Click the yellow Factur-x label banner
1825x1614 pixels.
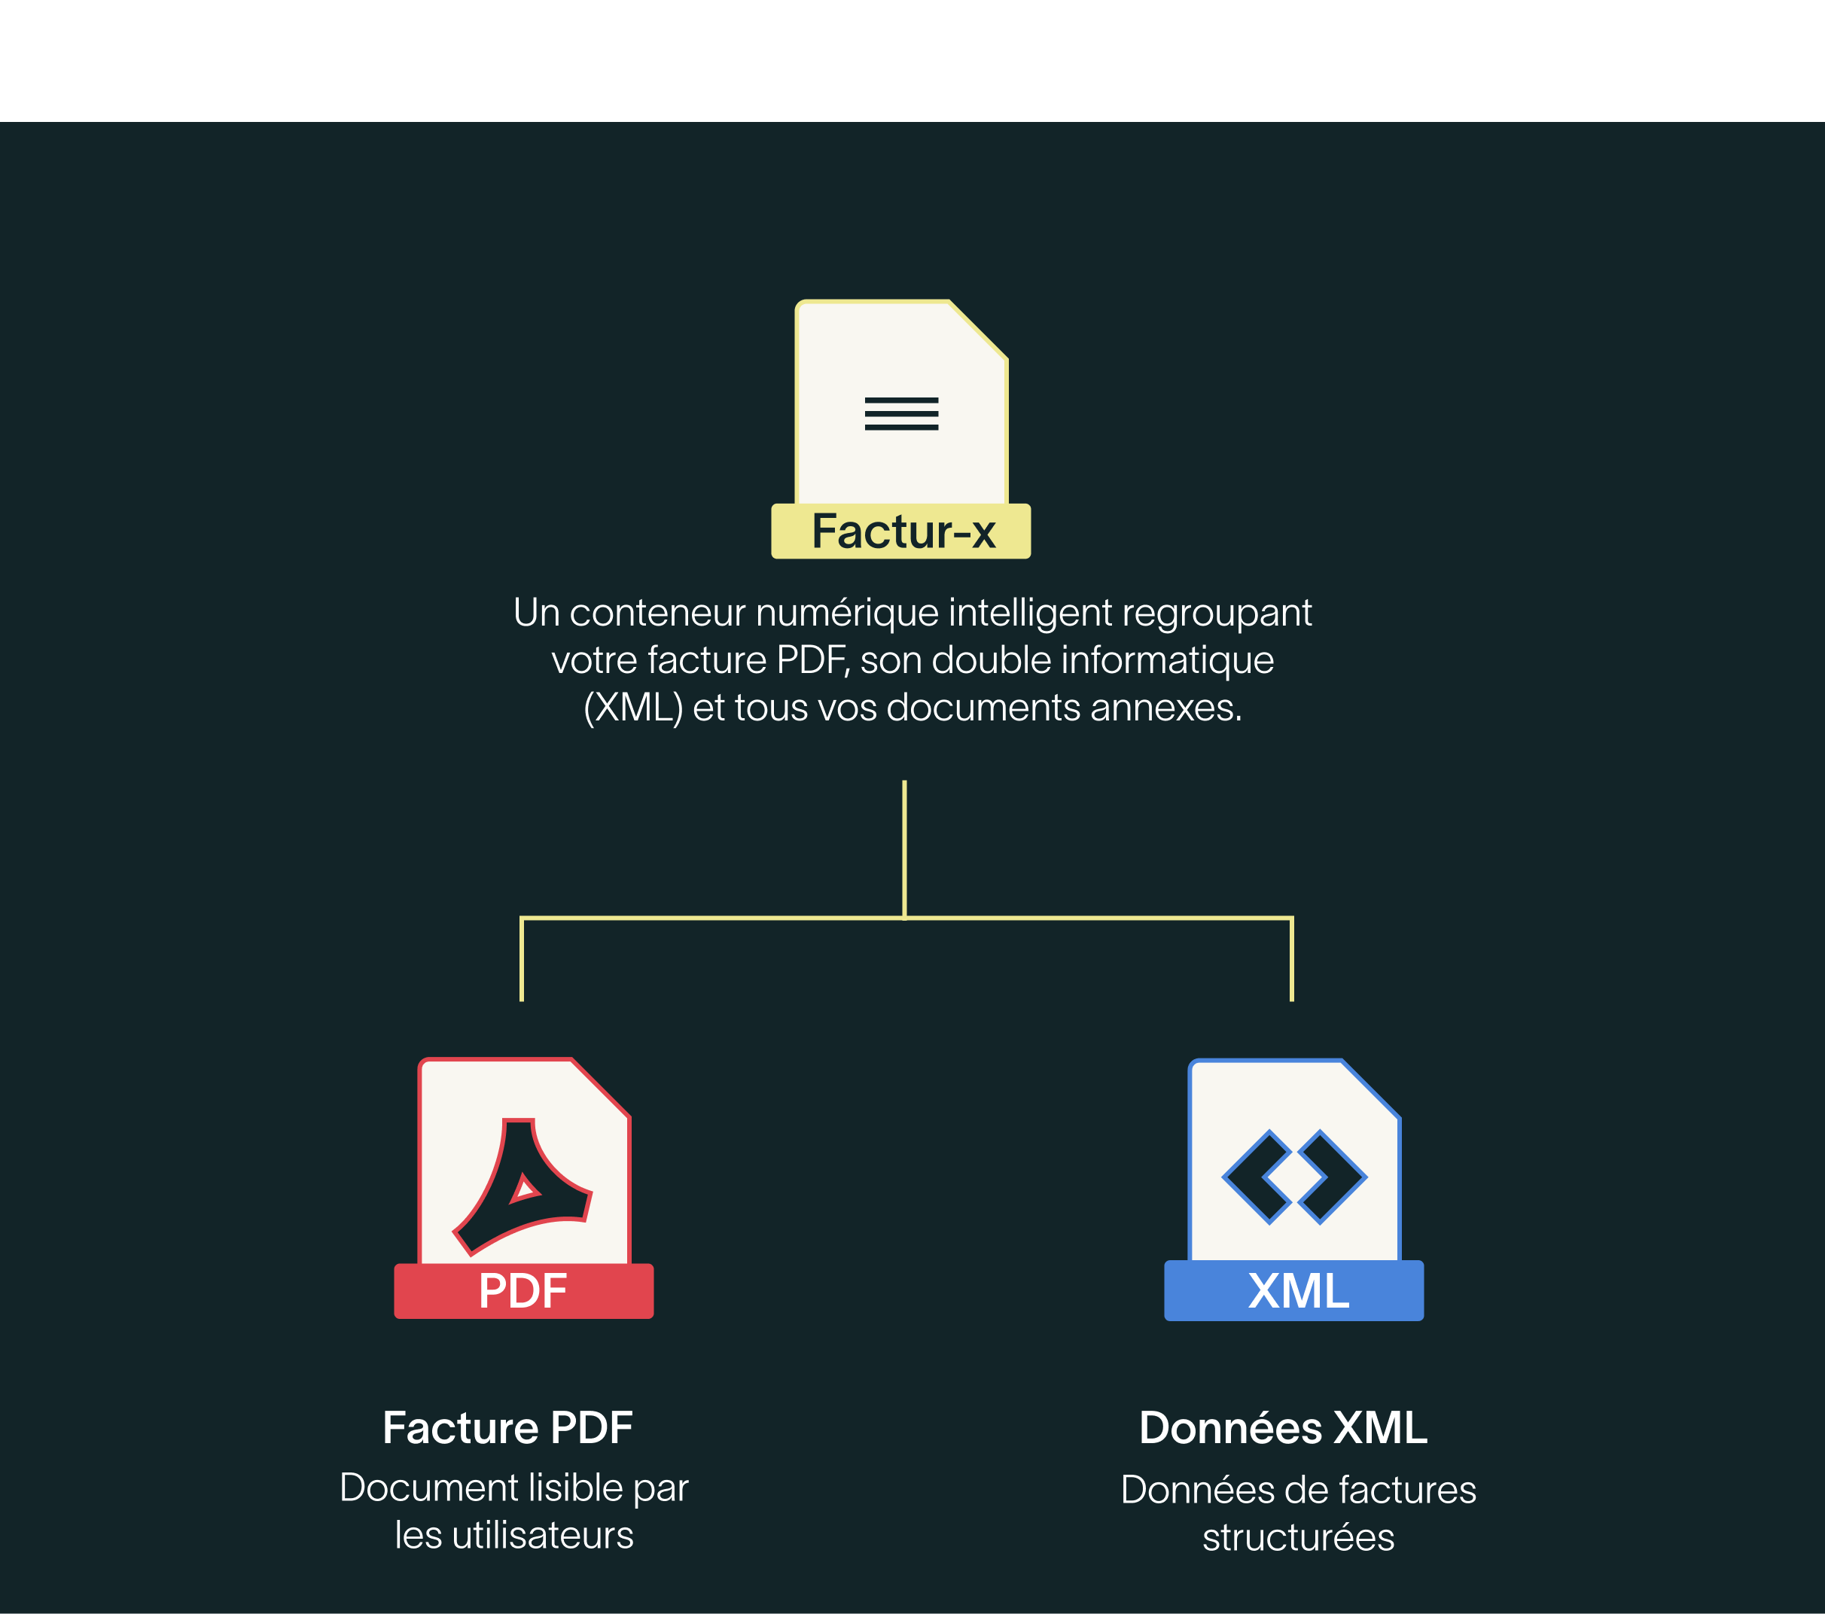click(x=901, y=531)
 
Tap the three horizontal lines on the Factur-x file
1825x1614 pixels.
click(x=901, y=413)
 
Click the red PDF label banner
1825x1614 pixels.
click(x=523, y=1291)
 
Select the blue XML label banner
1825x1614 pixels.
click(x=1293, y=1291)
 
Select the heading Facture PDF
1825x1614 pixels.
click(x=507, y=1427)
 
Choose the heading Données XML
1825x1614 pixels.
click(x=1283, y=1427)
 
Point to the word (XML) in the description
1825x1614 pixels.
click(x=632, y=708)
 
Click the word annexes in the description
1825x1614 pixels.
click(x=1165, y=708)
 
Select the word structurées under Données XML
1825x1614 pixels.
click(x=1298, y=1537)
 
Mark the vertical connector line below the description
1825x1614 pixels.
click(x=904, y=848)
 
